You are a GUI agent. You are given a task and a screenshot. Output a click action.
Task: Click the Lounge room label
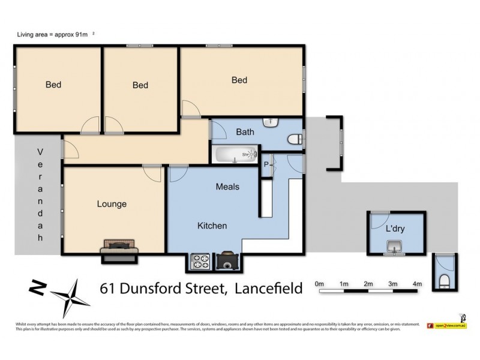coord(112,204)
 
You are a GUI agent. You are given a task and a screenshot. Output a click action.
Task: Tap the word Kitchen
coord(212,226)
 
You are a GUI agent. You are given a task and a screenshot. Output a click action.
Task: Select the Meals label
coord(227,187)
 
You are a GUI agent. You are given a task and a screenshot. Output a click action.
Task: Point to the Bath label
coord(245,132)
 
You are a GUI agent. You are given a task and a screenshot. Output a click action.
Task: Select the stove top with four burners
coord(199,262)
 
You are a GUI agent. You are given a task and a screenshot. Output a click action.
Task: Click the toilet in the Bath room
coord(295,140)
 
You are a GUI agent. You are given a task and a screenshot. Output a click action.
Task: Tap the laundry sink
coord(395,247)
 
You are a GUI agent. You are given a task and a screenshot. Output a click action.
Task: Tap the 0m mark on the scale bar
coord(319,284)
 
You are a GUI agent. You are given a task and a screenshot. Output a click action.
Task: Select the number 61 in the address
coord(109,289)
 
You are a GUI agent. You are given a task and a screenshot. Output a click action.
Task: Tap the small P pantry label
coord(266,164)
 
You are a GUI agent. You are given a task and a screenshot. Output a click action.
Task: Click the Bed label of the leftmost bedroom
coord(53,85)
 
